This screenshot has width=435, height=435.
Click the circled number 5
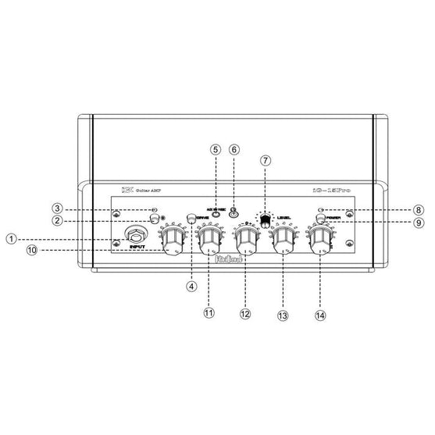[216, 149]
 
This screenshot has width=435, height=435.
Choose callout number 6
[234, 149]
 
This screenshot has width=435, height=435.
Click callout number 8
[419, 209]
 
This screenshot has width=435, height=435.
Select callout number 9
[419, 223]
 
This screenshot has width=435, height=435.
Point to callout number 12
[245, 312]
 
